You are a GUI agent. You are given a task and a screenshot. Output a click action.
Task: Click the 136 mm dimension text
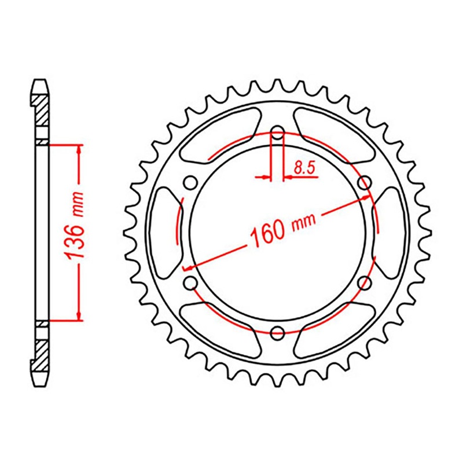tap(76, 231)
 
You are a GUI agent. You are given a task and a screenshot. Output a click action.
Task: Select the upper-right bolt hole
tap(365, 183)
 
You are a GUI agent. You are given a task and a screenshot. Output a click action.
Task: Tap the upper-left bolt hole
tap(189, 183)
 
